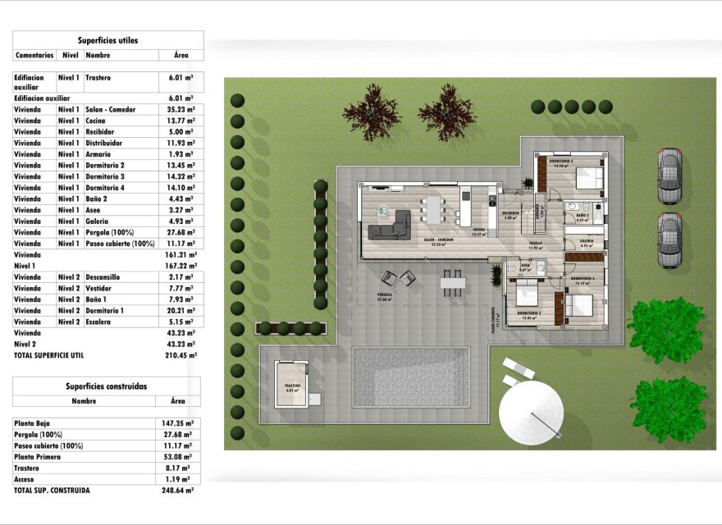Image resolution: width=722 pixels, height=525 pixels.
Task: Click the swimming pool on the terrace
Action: (x=411, y=377)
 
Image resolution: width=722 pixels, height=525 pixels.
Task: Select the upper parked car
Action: (x=669, y=176)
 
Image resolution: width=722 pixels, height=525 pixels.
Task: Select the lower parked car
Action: (x=669, y=240)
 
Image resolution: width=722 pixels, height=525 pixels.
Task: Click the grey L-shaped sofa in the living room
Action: (x=390, y=224)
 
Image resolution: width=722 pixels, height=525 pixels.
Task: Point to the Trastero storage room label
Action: (x=293, y=386)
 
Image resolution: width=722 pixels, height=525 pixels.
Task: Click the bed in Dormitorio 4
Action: (x=588, y=178)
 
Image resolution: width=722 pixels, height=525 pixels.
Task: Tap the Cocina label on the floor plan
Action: (x=479, y=231)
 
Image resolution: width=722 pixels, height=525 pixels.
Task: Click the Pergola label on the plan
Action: (x=384, y=295)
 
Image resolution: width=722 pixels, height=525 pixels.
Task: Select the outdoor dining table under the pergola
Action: (x=452, y=283)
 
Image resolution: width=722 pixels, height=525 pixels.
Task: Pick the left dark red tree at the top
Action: (x=371, y=112)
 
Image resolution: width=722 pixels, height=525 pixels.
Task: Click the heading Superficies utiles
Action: (x=107, y=39)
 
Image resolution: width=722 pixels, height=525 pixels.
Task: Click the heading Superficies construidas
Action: (x=107, y=386)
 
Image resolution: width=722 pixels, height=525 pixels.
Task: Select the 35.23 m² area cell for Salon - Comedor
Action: (x=180, y=109)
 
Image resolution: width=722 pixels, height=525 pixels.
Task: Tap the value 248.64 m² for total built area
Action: (x=177, y=491)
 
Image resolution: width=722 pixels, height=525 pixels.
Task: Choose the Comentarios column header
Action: (x=34, y=56)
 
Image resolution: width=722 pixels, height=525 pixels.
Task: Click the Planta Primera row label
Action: (x=36, y=457)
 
